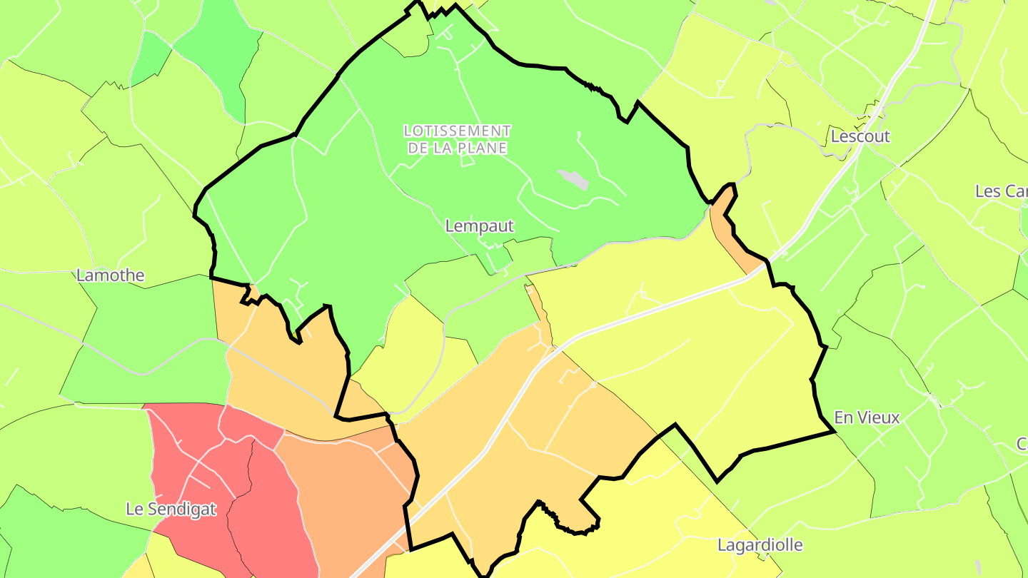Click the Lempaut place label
(479, 226)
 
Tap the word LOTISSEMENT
(457, 131)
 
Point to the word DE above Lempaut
(415, 148)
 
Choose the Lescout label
(860, 136)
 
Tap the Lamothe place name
(111, 275)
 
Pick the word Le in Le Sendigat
(133, 509)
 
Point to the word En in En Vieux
(844, 417)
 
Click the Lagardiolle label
(760, 546)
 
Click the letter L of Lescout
(835, 136)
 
